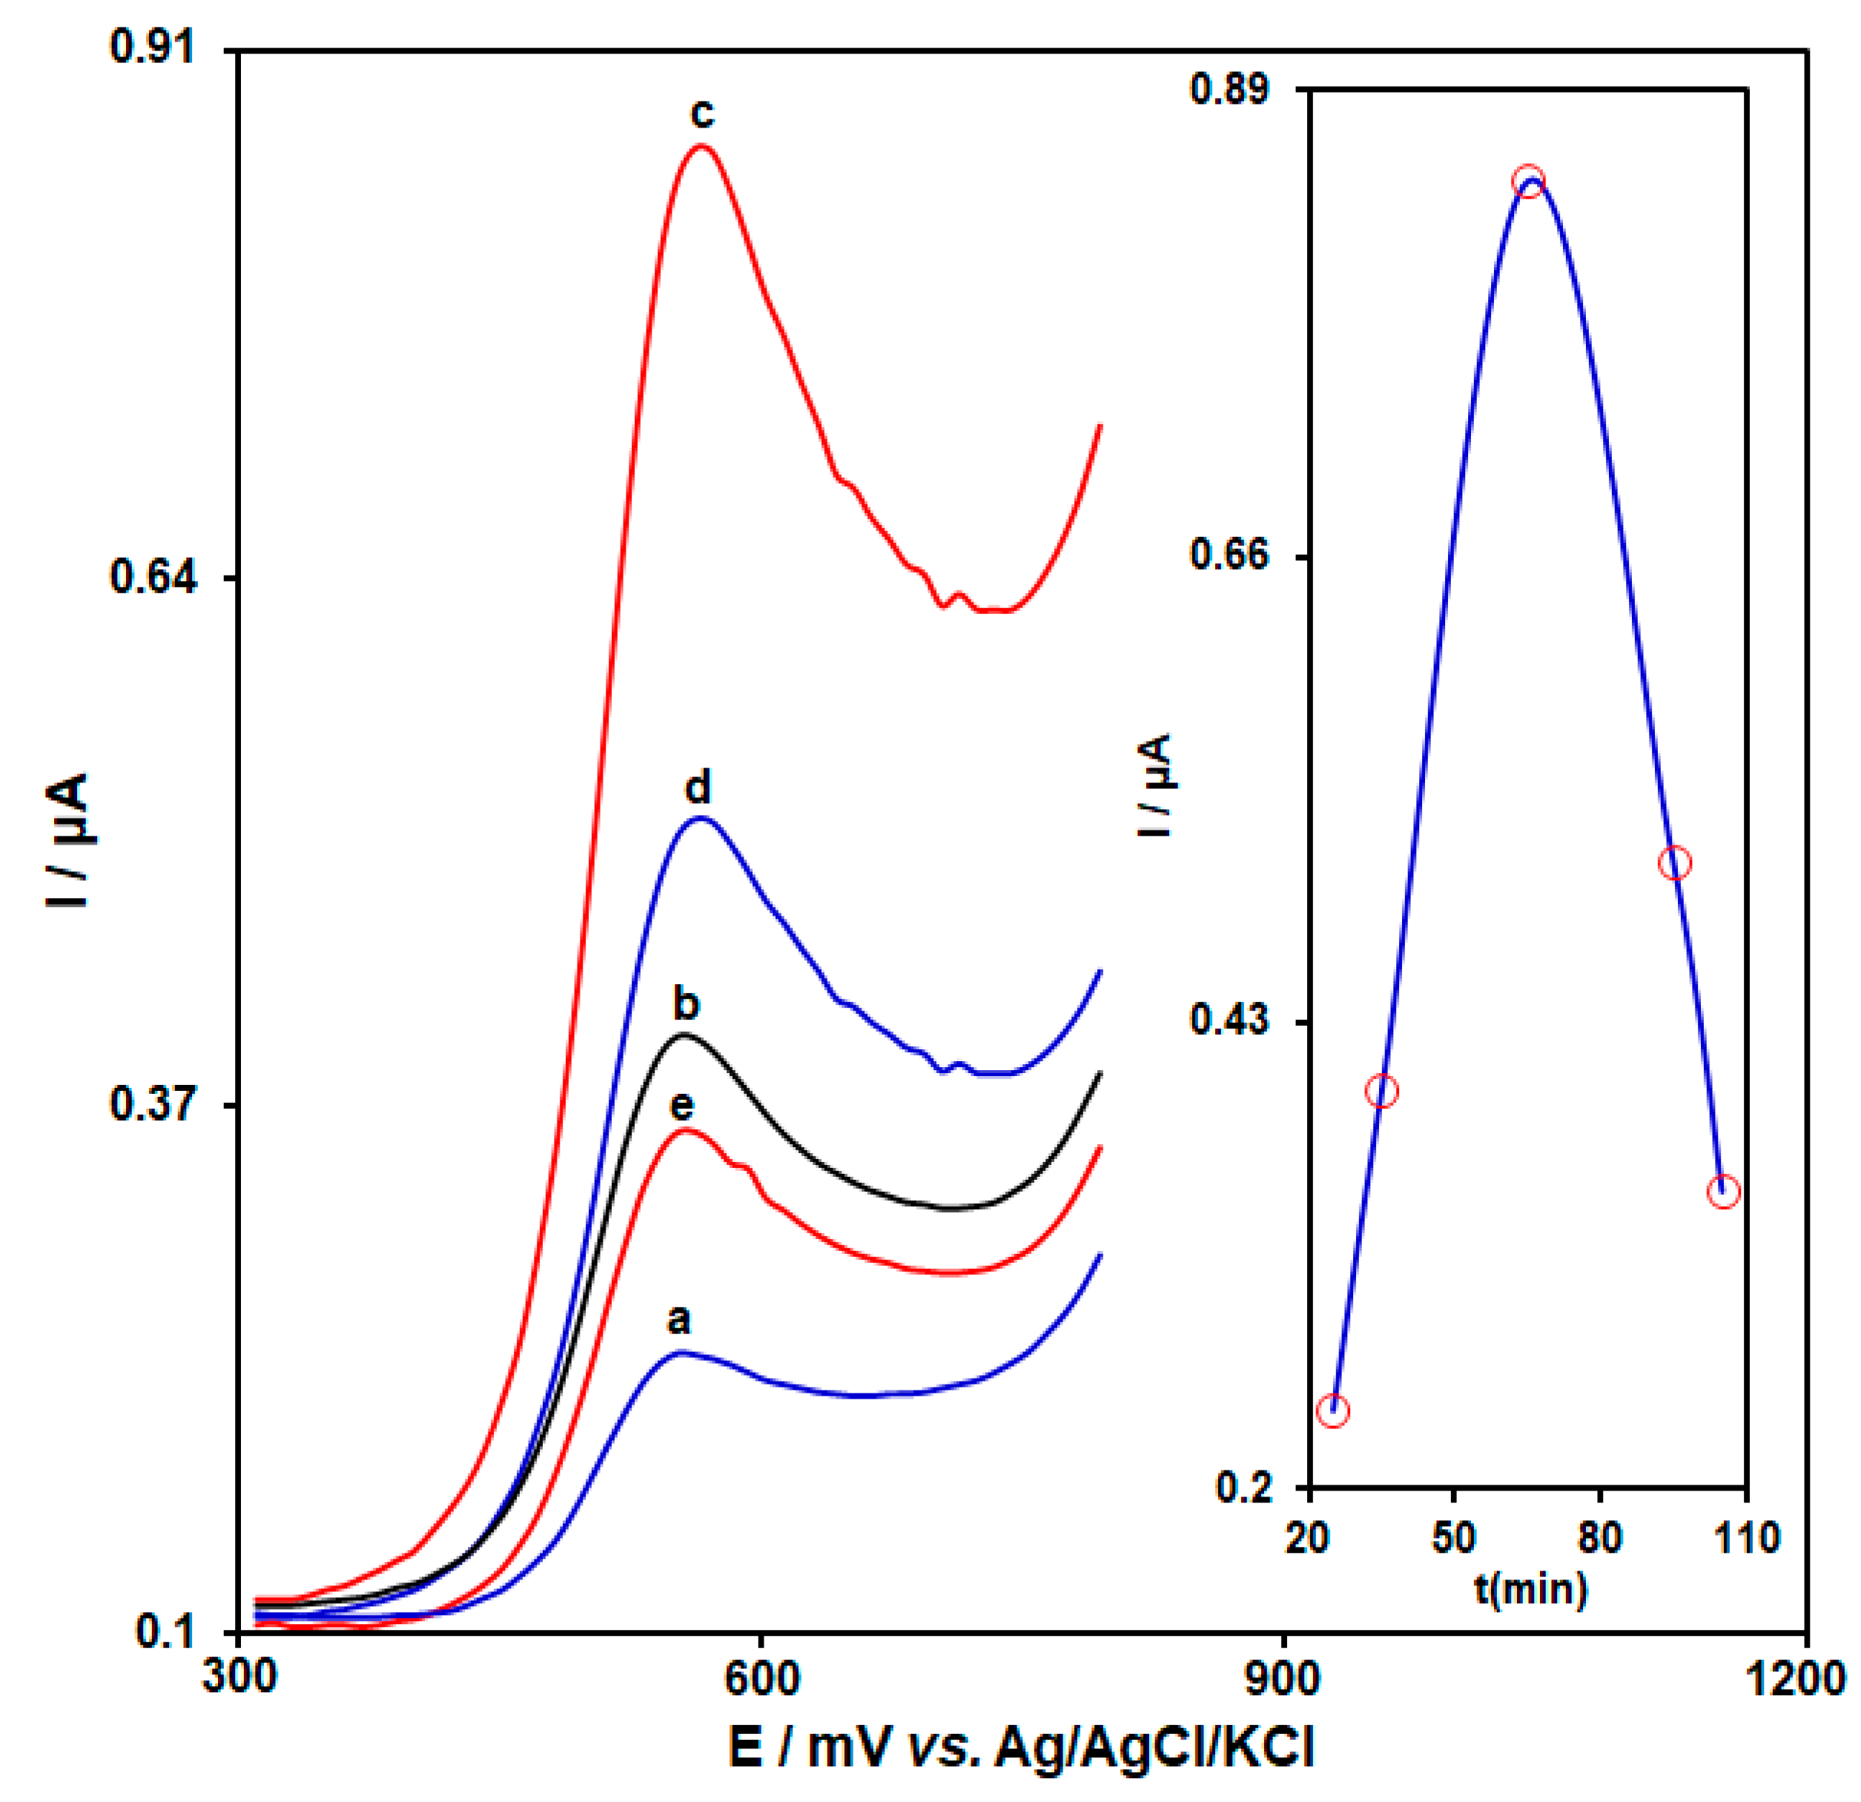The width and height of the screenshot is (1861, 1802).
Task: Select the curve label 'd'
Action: [698, 787]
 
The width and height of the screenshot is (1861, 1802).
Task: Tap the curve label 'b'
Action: [686, 1003]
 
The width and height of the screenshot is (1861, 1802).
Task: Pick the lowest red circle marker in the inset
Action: [1333, 1410]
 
